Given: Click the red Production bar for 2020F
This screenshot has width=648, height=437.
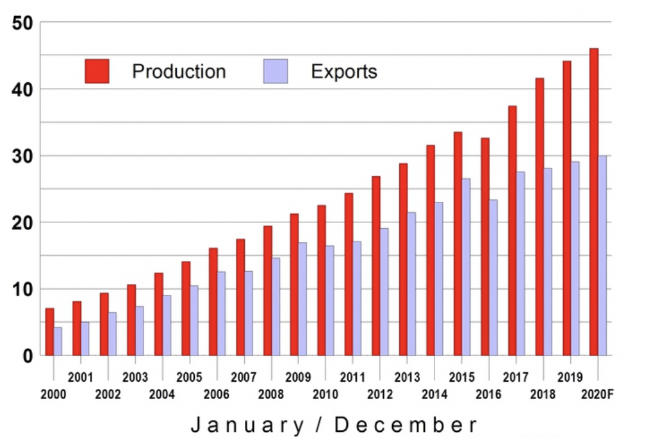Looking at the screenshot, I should pos(593,202).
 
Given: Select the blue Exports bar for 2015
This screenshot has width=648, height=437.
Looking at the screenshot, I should pos(466,267).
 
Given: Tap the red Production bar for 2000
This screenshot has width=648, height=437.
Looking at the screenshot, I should pos(50,332).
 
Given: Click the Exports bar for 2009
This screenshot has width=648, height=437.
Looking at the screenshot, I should pos(303,299).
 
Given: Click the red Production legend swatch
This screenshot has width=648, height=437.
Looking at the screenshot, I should pos(97,71).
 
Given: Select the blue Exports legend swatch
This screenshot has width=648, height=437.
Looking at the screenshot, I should pos(276,71).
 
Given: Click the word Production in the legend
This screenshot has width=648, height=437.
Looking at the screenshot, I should pos(179,71).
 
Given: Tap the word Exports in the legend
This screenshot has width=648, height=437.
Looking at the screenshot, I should pos(344,71).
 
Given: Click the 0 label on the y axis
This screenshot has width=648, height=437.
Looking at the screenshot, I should pos(27,355).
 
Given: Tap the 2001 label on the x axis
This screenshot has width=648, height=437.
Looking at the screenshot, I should pos(80,377).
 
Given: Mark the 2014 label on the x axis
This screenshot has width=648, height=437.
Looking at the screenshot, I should pos(434,394).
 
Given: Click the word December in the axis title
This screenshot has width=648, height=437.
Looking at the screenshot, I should pos(406,424).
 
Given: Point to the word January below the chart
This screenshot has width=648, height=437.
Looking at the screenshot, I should pos(246,424).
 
